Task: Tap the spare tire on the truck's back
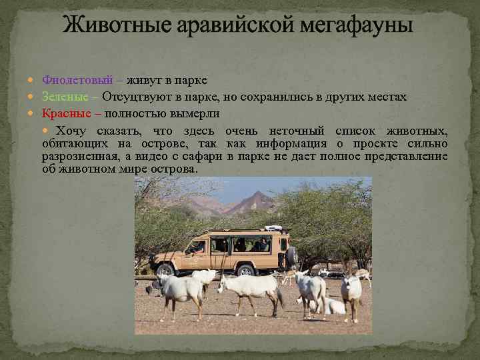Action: pyautogui.click(x=291, y=255)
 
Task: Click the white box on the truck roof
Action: pyautogui.click(x=273, y=229)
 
